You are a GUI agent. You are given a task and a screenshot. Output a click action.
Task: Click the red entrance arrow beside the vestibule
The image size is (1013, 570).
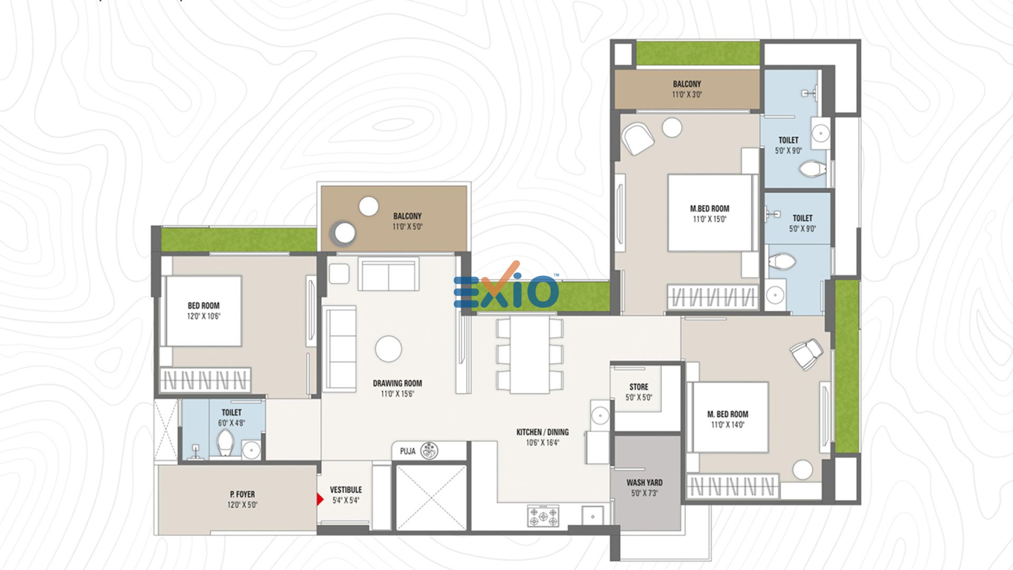[320, 499]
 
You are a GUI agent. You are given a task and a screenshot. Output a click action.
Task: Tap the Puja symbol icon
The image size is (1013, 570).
[429, 451]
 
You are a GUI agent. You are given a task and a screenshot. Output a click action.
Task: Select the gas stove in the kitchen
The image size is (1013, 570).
[543, 516]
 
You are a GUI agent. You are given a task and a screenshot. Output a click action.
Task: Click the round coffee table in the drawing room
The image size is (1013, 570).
[388, 349]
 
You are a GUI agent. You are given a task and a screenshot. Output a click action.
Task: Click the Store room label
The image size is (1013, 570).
[638, 387]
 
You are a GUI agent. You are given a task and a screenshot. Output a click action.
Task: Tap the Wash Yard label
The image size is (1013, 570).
[644, 482]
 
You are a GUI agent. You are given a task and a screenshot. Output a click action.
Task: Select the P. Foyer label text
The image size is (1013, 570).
[242, 494]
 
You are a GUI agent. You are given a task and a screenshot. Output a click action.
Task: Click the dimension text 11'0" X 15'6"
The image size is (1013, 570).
[397, 394]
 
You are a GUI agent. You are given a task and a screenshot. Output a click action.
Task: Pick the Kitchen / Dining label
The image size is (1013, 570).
[542, 432]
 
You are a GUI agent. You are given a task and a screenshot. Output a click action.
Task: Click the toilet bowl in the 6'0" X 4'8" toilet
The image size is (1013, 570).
[225, 442]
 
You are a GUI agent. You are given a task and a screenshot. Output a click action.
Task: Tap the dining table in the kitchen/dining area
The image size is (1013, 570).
[530, 355]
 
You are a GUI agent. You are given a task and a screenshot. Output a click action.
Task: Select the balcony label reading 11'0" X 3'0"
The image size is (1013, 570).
[687, 94]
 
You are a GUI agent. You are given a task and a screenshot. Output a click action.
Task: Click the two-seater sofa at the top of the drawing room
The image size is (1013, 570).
[388, 273]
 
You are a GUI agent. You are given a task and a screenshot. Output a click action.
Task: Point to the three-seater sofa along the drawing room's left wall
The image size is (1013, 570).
[340, 349]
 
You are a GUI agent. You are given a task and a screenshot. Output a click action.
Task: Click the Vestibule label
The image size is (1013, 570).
[346, 490]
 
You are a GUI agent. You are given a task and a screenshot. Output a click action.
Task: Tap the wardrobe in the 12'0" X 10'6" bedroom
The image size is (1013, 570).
[205, 380]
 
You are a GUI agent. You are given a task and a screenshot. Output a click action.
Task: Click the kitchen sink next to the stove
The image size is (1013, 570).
[592, 516]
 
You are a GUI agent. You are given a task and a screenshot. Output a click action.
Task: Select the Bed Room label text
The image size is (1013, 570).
[204, 306]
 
